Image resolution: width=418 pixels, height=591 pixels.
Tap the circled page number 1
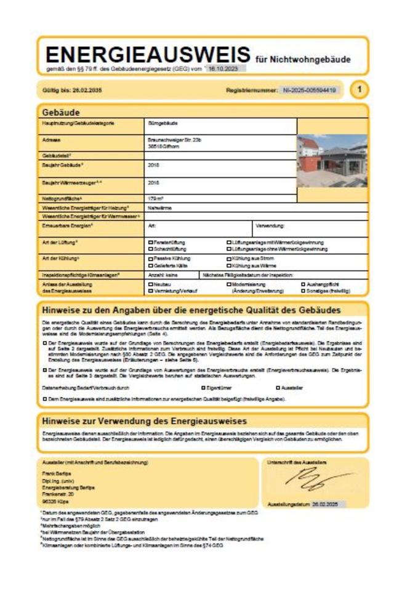coord(360,90)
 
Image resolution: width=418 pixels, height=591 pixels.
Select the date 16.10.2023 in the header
coord(223,70)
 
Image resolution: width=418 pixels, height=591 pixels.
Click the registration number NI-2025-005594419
coord(310,90)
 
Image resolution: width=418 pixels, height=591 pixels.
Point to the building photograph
coord(332,161)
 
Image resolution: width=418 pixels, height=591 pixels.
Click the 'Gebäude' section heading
coord(60,113)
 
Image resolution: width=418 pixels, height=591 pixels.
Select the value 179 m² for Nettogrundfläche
coord(156,198)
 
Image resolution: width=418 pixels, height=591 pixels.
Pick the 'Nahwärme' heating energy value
coord(158,208)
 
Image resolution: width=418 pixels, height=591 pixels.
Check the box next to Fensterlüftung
coord(150,243)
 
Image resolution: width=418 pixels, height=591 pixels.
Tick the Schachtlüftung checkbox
coord(150,249)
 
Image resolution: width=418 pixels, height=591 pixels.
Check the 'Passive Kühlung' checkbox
coord(150,259)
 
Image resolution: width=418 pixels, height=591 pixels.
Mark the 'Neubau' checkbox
coord(150,284)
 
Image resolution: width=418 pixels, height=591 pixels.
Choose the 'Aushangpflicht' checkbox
coord(303,284)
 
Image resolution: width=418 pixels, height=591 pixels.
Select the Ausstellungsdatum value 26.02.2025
coord(326,504)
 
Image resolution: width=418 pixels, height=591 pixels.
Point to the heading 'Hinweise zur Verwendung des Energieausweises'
coord(144,421)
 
